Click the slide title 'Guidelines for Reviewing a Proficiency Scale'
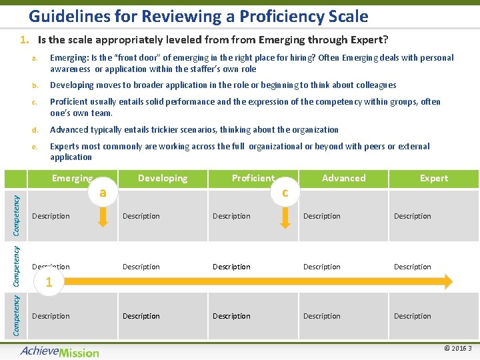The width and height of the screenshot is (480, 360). tap(198, 15)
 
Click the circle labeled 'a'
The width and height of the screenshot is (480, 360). tap(102, 193)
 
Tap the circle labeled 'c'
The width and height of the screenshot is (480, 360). tap(285, 193)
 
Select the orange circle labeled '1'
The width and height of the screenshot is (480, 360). tap(48, 281)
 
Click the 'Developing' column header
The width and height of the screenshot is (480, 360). tap(163, 178)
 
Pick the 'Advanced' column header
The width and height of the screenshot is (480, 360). tap(343, 178)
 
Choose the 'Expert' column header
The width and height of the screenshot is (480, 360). tap(434, 178)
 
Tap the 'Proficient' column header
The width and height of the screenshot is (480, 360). tap(253, 178)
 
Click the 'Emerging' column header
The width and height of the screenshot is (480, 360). tap(72, 178)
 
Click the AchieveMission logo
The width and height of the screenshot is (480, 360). tap(59, 351)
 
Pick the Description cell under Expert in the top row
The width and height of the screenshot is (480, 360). tap(413, 216)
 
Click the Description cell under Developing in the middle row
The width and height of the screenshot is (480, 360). tap(141, 267)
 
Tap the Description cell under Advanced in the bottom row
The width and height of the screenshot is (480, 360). tap(322, 316)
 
